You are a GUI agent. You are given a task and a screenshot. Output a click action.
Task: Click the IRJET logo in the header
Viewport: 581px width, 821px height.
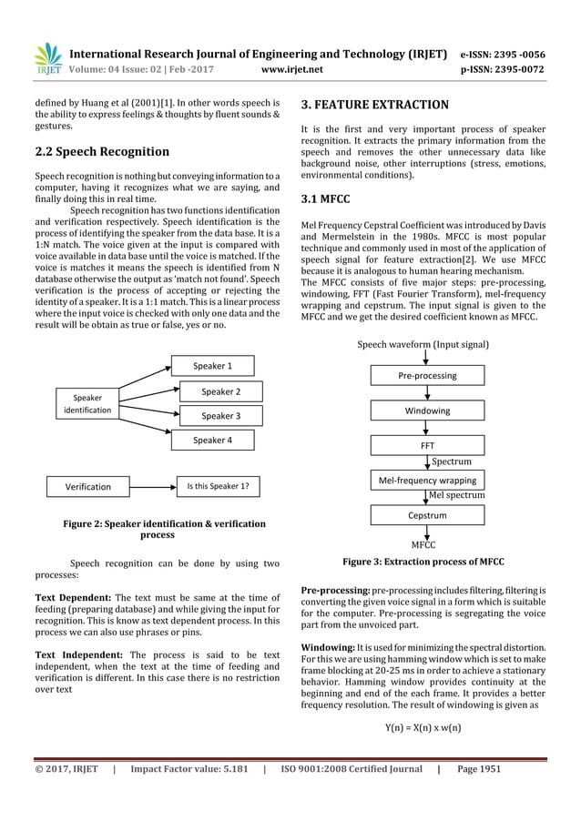tap(47, 56)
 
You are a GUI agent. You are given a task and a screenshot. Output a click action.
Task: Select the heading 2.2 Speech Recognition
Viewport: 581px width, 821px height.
tap(101, 151)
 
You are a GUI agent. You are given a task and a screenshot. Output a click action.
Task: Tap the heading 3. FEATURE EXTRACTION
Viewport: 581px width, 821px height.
tap(374, 105)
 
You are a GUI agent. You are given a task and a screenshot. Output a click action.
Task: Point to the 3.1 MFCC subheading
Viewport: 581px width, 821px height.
tap(325, 198)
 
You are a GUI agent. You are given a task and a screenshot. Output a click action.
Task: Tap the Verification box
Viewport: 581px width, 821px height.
tap(87, 486)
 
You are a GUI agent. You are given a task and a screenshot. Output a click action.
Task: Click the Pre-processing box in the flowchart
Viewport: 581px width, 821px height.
tap(427, 375)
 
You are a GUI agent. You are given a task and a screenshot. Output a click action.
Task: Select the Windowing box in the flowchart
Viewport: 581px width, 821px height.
tap(427, 410)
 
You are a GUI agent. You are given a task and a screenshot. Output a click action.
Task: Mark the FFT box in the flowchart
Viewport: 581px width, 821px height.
tap(427, 447)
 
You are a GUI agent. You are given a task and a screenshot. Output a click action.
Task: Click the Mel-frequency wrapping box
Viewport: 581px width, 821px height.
tap(427, 480)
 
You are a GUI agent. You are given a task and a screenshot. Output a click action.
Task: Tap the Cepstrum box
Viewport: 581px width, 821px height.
tap(427, 515)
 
